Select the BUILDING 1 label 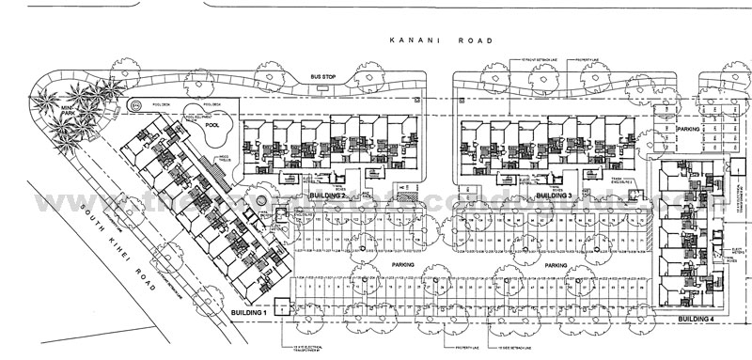(248, 310)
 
